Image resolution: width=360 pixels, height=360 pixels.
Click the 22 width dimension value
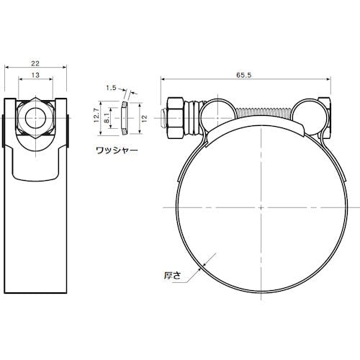click(35, 63)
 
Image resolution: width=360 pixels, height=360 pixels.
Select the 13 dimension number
click(35, 75)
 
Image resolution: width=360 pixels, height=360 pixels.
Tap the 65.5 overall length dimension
click(243, 75)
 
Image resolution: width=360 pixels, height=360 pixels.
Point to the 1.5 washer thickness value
click(111, 88)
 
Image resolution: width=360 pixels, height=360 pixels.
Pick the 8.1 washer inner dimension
click(107, 118)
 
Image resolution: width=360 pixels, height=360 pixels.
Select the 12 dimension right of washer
click(144, 118)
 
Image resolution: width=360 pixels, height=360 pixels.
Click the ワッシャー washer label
click(117, 150)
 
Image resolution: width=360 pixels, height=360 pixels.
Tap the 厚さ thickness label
click(172, 275)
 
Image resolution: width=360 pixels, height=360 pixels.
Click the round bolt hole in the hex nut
click(35, 118)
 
